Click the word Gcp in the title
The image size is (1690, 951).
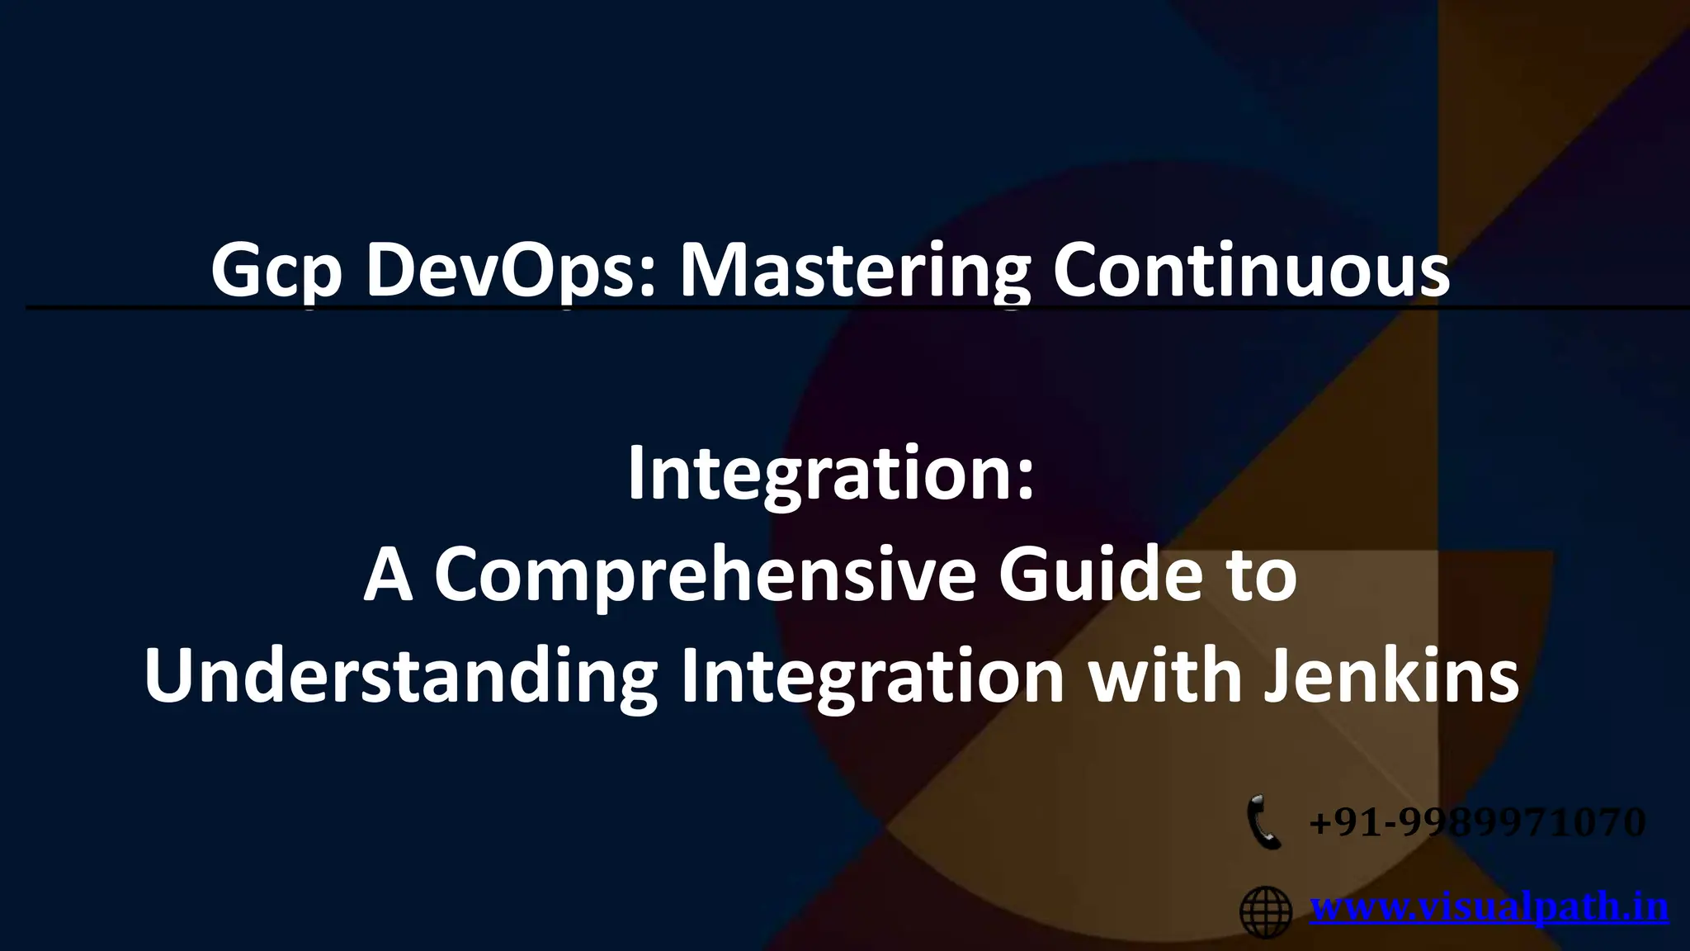click(276, 272)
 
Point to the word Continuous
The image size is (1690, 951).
click(1251, 272)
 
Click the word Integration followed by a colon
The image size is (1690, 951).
click(830, 475)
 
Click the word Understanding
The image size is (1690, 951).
click(400, 677)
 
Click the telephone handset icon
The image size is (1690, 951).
click(1263, 821)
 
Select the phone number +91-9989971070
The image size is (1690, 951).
click(1477, 822)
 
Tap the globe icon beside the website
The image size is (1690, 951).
click(1266, 911)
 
